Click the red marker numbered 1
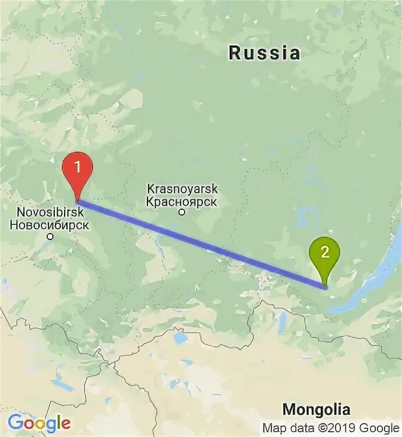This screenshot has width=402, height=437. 77,168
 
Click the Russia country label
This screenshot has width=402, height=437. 265,53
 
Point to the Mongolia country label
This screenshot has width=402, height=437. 316,408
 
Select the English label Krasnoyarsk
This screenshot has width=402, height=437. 182,189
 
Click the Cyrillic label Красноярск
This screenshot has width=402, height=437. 182,202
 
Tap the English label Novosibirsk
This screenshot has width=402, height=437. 50,212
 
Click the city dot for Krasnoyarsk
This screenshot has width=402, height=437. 181,212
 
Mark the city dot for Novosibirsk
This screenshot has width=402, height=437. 50,237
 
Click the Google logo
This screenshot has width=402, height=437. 39,423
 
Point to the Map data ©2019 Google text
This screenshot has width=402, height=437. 330,427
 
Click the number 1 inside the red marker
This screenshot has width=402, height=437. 77,165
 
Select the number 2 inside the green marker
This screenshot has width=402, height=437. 325,252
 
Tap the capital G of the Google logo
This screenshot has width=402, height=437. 16,422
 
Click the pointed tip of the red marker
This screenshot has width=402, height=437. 77,201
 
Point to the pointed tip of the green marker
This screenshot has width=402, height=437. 325,287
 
